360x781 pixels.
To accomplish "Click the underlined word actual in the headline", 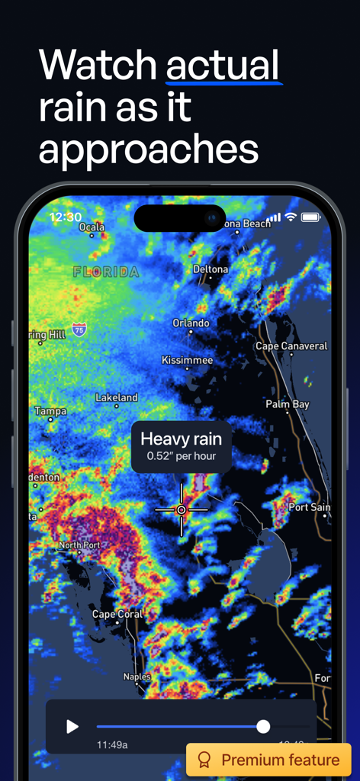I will [223, 66].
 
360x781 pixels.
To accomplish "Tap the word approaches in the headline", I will [149, 149].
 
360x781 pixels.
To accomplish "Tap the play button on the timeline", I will [72, 727].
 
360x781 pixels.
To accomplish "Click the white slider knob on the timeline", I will [263, 727].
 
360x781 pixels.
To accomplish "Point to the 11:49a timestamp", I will [112, 744].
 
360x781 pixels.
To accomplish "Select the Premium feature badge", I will [268, 760].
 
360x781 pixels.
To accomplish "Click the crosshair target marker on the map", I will [182, 509].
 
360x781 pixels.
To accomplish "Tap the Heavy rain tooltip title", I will [181, 439].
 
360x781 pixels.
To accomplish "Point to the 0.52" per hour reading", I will [181, 457].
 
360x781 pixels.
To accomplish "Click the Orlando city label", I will [191, 323].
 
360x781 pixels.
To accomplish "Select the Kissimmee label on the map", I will [188, 360].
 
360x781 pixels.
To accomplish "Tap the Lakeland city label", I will [117, 397].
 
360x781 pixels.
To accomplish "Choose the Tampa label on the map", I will [50, 411].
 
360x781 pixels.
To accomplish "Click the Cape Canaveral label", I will [291, 346].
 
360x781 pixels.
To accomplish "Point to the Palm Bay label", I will [288, 404].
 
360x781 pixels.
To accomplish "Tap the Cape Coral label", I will [117, 614].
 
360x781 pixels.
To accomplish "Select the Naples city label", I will [137, 677].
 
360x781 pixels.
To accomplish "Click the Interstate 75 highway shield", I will [79, 329].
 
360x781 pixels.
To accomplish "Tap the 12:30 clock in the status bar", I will [66, 217].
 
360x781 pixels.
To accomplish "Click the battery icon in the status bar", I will [310, 217].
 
